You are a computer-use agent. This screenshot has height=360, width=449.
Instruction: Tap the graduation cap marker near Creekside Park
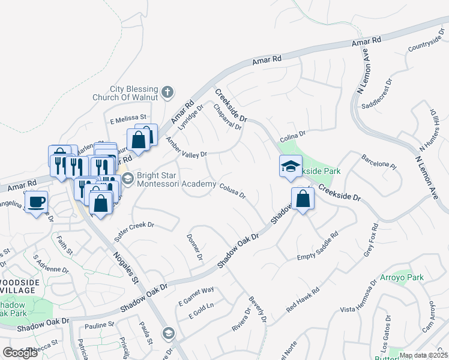point(291,166)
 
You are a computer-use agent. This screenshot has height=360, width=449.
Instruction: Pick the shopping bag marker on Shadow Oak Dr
point(303,199)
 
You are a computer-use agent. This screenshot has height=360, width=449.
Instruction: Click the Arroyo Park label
point(402,278)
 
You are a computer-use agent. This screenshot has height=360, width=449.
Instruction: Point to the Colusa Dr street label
point(232,191)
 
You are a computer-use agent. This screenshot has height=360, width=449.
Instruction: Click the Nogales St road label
point(126,272)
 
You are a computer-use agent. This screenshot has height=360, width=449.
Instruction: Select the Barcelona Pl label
point(379,161)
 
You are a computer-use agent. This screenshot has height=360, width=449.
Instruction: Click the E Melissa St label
point(128,117)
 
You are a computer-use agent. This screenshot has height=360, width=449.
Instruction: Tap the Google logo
point(20,353)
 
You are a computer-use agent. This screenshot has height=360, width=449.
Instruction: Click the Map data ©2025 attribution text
point(423,355)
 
